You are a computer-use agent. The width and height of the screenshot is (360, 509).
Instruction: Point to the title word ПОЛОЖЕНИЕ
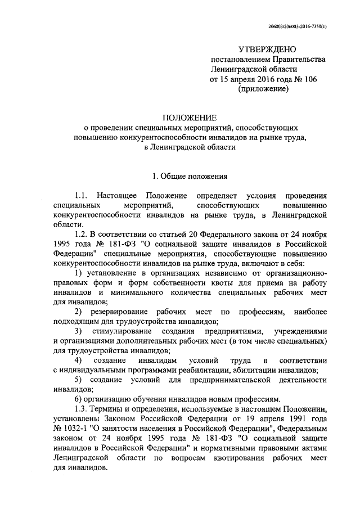point(189,117)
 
